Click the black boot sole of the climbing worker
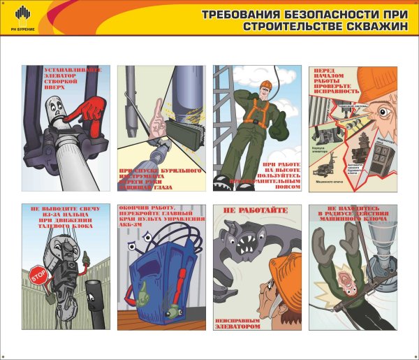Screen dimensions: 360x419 223,184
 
